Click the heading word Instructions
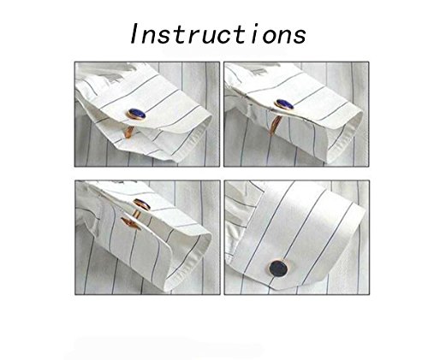click(218, 33)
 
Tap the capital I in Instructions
click(134, 33)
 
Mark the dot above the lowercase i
click(257, 25)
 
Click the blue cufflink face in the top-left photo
click(137, 114)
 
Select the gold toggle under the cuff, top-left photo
click(128, 133)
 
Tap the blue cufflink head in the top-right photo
click(284, 104)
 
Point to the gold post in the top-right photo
click(275, 126)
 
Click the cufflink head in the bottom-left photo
click(142, 204)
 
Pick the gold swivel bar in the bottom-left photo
click(130, 223)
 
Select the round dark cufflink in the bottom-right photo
click(278, 269)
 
